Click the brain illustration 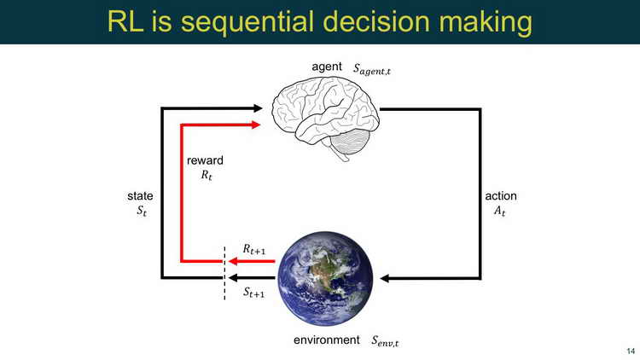pyautogui.click(x=326, y=119)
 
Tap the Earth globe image pyautogui.click(x=325, y=278)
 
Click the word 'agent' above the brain pyautogui.click(x=327, y=67)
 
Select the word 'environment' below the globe pyautogui.click(x=327, y=340)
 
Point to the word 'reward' pyautogui.click(x=205, y=160)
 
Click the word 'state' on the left pyautogui.click(x=140, y=196)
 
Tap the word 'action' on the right pyautogui.click(x=501, y=196)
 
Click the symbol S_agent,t pyautogui.click(x=372, y=69)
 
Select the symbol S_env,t pyautogui.click(x=385, y=341)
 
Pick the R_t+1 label pyautogui.click(x=254, y=249)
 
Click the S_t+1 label pyautogui.click(x=254, y=293)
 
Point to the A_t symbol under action pyautogui.click(x=500, y=211)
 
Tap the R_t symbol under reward pyautogui.click(x=207, y=175)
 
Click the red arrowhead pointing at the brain pyautogui.click(x=256, y=125)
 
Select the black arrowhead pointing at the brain pyautogui.click(x=258, y=108)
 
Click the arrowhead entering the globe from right pyautogui.click(x=384, y=278)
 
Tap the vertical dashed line pyautogui.click(x=224, y=273)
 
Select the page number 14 pyautogui.click(x=631, y=351)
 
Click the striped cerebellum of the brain pyautogui.click(x=350, y=142)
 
